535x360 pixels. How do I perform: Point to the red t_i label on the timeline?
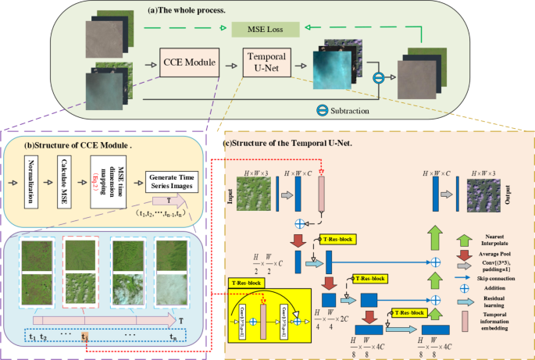tap(85, 337)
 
